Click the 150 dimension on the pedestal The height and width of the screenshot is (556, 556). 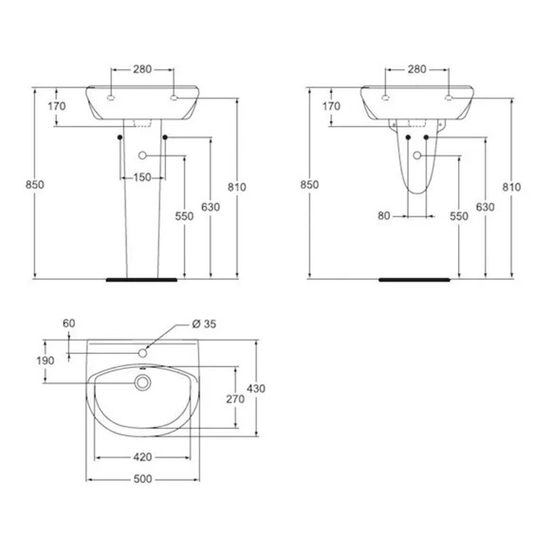[142, 177]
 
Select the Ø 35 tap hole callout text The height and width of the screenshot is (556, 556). [204, 324]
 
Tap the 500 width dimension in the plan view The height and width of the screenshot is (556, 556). [143, 479]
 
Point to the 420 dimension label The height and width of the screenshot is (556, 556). [143, 457]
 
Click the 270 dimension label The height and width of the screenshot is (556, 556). [236, 399]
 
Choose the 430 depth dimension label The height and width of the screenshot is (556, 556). [256, 389]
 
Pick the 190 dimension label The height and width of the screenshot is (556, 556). [45, 360]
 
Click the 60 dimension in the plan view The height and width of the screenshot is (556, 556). [69, 323]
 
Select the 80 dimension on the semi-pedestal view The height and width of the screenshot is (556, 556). [383, 216]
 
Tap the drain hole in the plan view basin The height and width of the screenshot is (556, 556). [143, 383]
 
